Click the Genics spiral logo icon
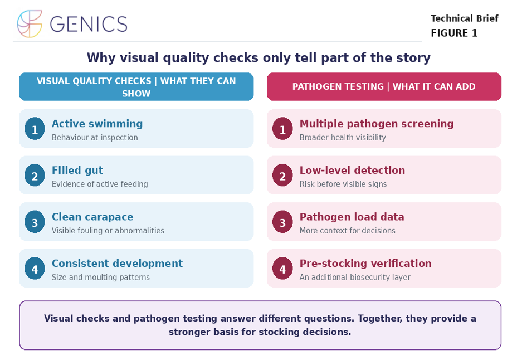pyautogui.click(x=30, y=24)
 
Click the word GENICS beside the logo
pyautogui.click(x=89, y=24)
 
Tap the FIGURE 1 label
pyautogui.click(x=454, y=33)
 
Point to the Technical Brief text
pyautogui.click(x=464, y=18)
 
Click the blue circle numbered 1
pyautogui.click(x=35, y=129)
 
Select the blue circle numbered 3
pyautogui.click(x=35, y=222)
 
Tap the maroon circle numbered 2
pyautogui.click(x=282, y=176)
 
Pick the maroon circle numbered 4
pyautogui.click(x=282, y=269)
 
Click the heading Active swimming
pyautogui.click(x=97, y=124)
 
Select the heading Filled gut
pyautogui.click(x=77, y=170)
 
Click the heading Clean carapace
pyautogui.click(x=92, y=217)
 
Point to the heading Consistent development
pyautogui.click(x=117, y=264)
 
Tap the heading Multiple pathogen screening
pyautogui.click(x=377, y=124)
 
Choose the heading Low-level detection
pyautogui.click(x=352, y=170)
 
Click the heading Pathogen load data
pyautogui.click(x=352, y=217)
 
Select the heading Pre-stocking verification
pyautogui.click(x=365, y=264)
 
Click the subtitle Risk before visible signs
pyautogui.click(x=343, y=184)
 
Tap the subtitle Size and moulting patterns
pyautogui.click(x=101, y=278)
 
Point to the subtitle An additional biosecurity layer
pyautogui.click(x=355, y=278)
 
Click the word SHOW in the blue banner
pyautogui.click(x=136, y=94)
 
